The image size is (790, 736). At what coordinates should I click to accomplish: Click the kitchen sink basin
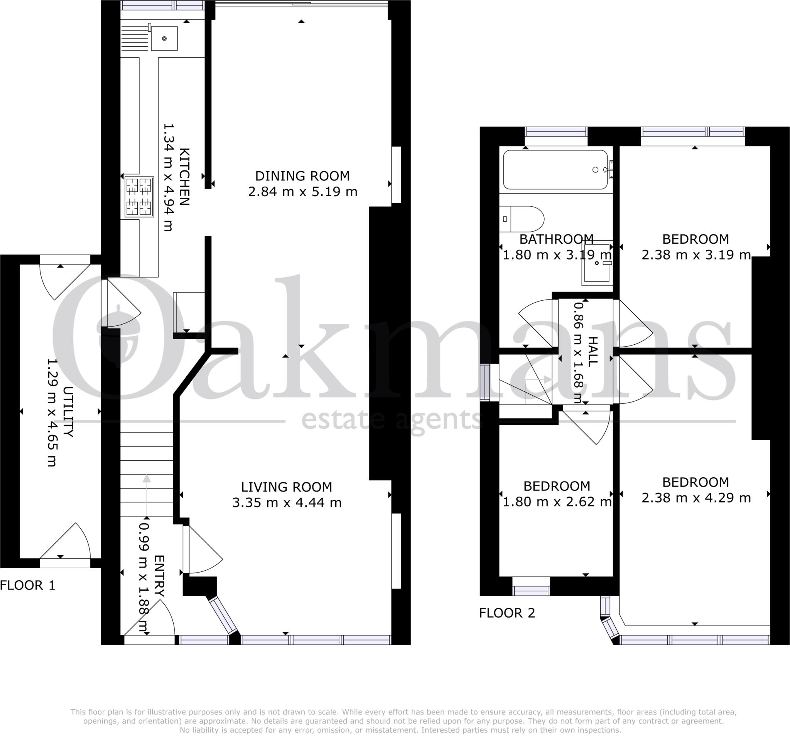click(164, 39)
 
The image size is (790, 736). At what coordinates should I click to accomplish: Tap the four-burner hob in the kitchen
click(139, 197)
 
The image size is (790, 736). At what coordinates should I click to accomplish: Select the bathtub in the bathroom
click(555, 170)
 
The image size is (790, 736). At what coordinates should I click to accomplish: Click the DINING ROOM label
click(302, 176)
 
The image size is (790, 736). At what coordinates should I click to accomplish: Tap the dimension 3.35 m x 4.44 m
click(287, 503)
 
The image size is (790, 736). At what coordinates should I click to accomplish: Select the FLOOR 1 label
click(27, 585)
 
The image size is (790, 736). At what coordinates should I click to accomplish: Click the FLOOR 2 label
click(506, 613)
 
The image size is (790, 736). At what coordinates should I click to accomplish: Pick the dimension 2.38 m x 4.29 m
click(696, 498)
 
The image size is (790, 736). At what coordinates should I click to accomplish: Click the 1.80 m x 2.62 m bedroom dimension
click(557, 502)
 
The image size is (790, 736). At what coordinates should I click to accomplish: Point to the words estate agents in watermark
click(392, 421)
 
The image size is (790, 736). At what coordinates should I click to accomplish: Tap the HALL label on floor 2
click(592, 352)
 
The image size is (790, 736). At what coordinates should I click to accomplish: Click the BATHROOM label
click(556, 239)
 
